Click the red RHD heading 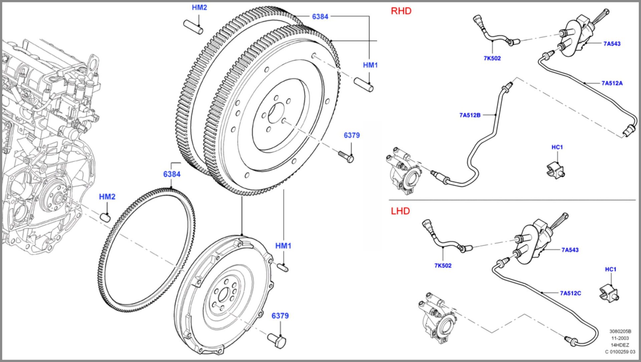[x=401, y=11]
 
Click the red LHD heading [x=400, y=211]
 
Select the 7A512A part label [x=612, y=83]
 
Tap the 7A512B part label [x=470, y=115]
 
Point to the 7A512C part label [x=570, y=293]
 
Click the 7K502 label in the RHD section [x=492, y=58]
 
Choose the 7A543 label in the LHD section [x=570, y=250]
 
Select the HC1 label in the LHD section [x=610, y=269]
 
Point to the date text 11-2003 [x=620, y=338]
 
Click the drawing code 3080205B [x=620, y=331]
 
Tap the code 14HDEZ [x=620, y=345]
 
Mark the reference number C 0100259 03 [x=620, y=352]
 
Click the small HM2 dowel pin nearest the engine [x=105, y=217]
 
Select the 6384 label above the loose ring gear [x=172, y=174]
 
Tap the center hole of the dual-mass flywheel [x=223, y=295]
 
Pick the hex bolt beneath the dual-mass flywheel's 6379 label [x=277, y=341]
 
